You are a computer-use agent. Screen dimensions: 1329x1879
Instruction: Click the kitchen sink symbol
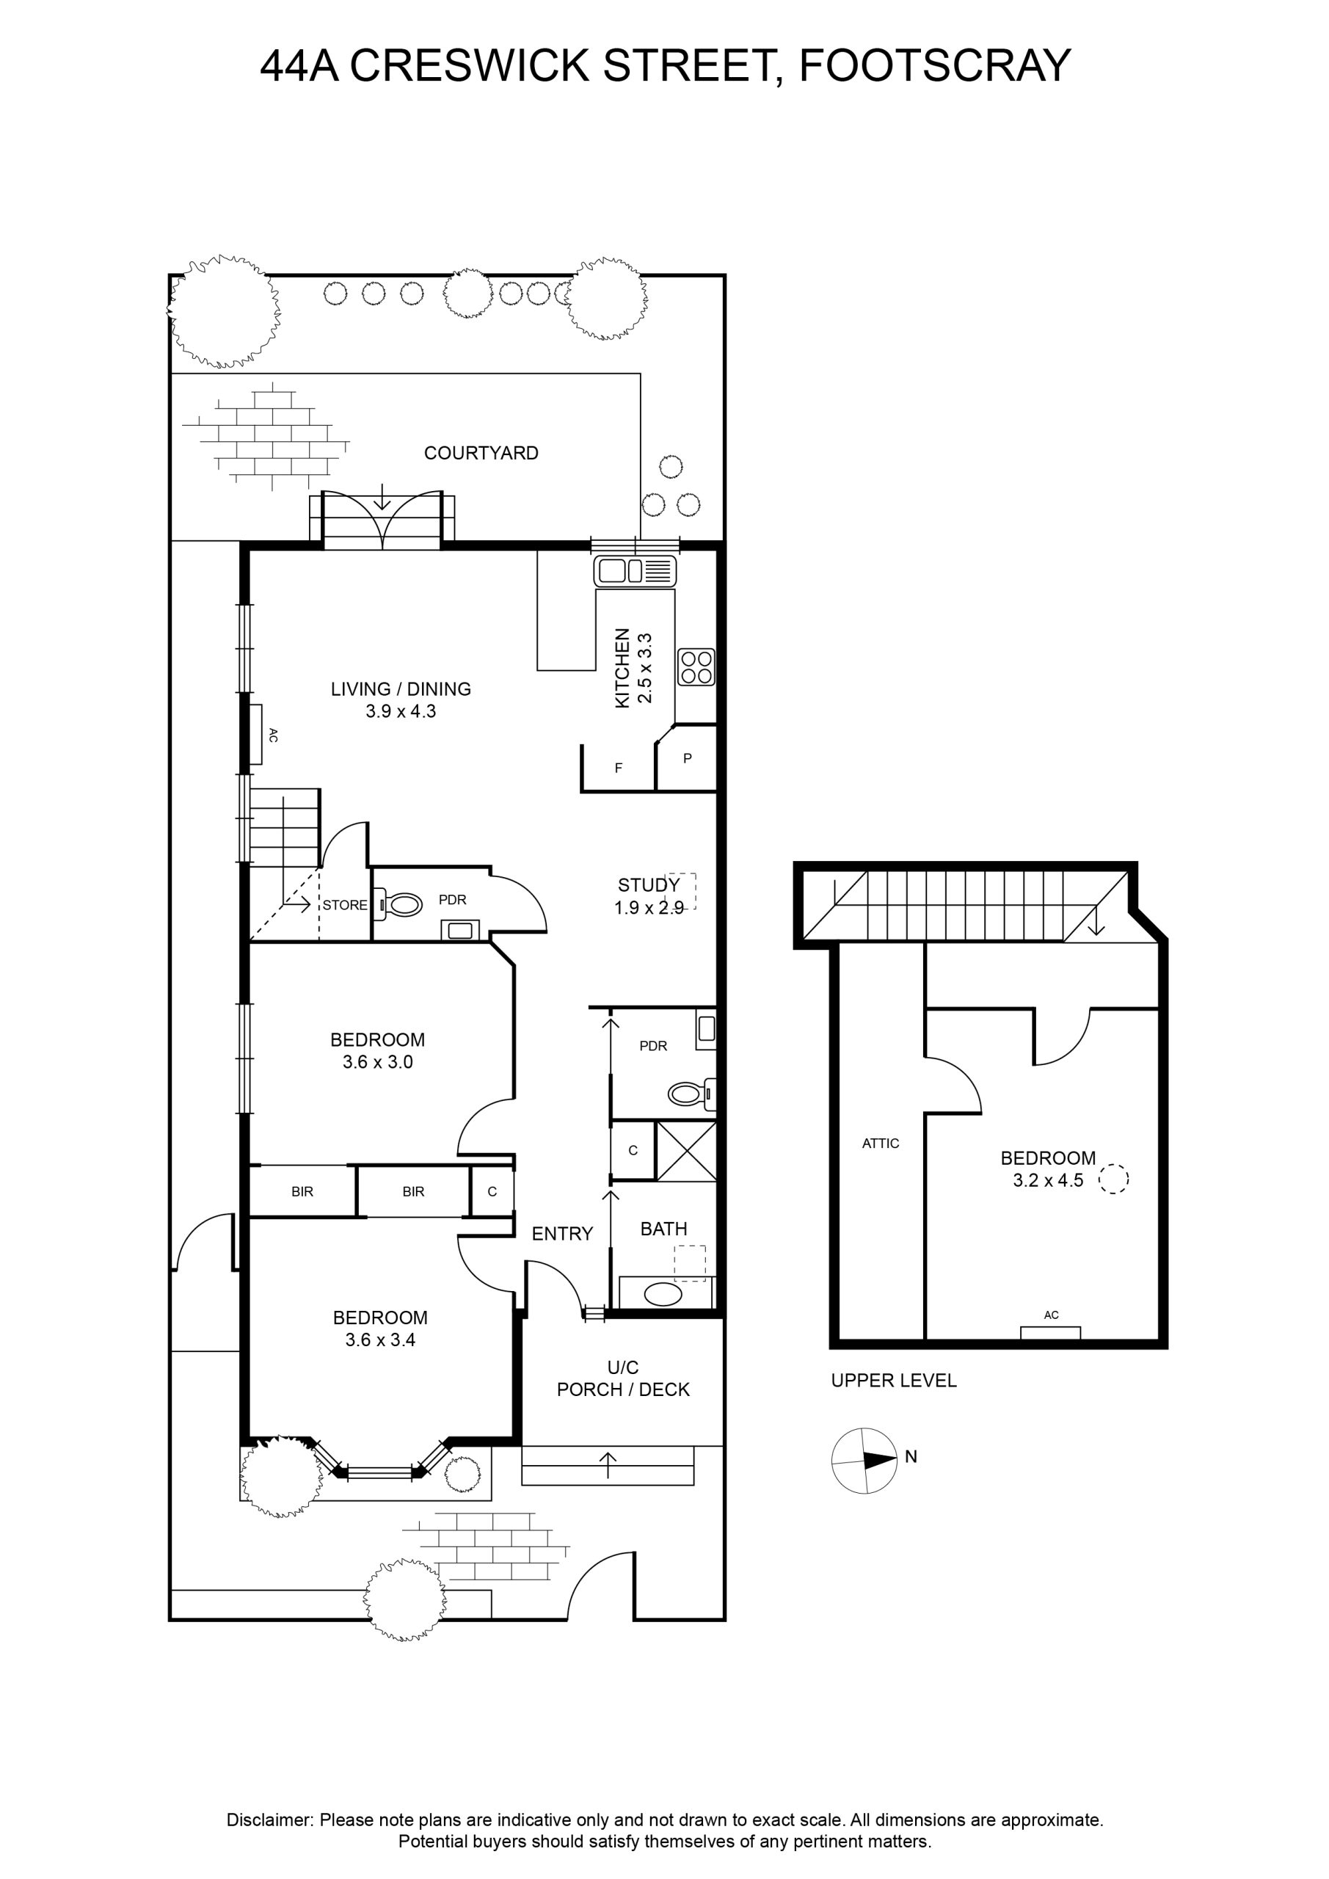(635, 570)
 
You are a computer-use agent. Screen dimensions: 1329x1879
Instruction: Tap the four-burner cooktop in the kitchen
(696, 666)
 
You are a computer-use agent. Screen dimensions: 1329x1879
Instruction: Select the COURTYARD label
(481, 453)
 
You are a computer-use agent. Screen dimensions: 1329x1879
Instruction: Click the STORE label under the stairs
(344, 905)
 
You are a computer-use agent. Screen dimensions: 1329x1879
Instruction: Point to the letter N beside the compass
(911, 1457)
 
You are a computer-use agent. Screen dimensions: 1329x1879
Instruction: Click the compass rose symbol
(864, 1460)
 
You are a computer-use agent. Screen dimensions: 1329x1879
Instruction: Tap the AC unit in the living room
(256, 734)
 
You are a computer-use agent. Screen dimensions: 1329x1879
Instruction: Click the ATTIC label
(881, 1144)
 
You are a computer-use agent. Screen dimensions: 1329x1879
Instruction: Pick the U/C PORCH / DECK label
(624, 1378)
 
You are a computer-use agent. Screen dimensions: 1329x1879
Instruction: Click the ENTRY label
(562, 1233)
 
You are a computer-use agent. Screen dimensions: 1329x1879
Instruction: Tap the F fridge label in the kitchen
(619, 768)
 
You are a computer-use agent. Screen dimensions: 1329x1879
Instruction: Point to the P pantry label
(688, 757)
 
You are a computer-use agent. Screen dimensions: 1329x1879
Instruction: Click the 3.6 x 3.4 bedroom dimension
(381, 1340)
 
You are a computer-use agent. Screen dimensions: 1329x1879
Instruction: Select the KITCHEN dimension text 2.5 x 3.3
(645, 668)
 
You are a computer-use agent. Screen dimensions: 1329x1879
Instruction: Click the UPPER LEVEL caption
(894, 1381)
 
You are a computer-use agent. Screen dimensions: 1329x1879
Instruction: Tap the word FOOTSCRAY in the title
(934, 65)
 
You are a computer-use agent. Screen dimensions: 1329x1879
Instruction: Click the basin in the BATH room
(663, 1294)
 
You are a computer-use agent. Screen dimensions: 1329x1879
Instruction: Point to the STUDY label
(648, 884)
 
